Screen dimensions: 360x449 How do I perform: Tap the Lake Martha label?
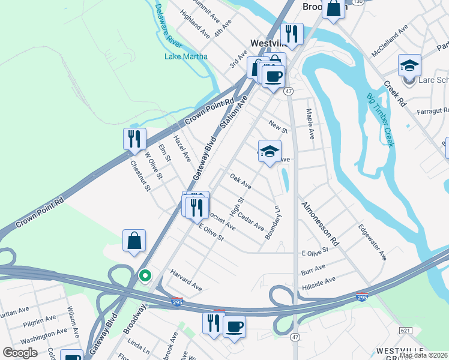pyautogui.click(x=186, y=57)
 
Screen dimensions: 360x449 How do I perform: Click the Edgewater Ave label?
pyautogui.click(x=372, y=242)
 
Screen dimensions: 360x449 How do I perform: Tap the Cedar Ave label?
pyautogui.click(x=251, y=221)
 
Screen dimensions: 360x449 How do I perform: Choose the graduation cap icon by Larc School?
pyautogui.click(x=409, y=65)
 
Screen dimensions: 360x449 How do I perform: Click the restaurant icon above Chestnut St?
pyautogui.click(x=134, y=139)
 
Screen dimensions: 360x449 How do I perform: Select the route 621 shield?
pyautogui.click(x=405, y=330)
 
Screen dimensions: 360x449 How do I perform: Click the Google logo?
pyautogui.click(x=19, y=353)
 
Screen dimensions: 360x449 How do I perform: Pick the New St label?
pyautogui.click(x=279, y=126)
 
